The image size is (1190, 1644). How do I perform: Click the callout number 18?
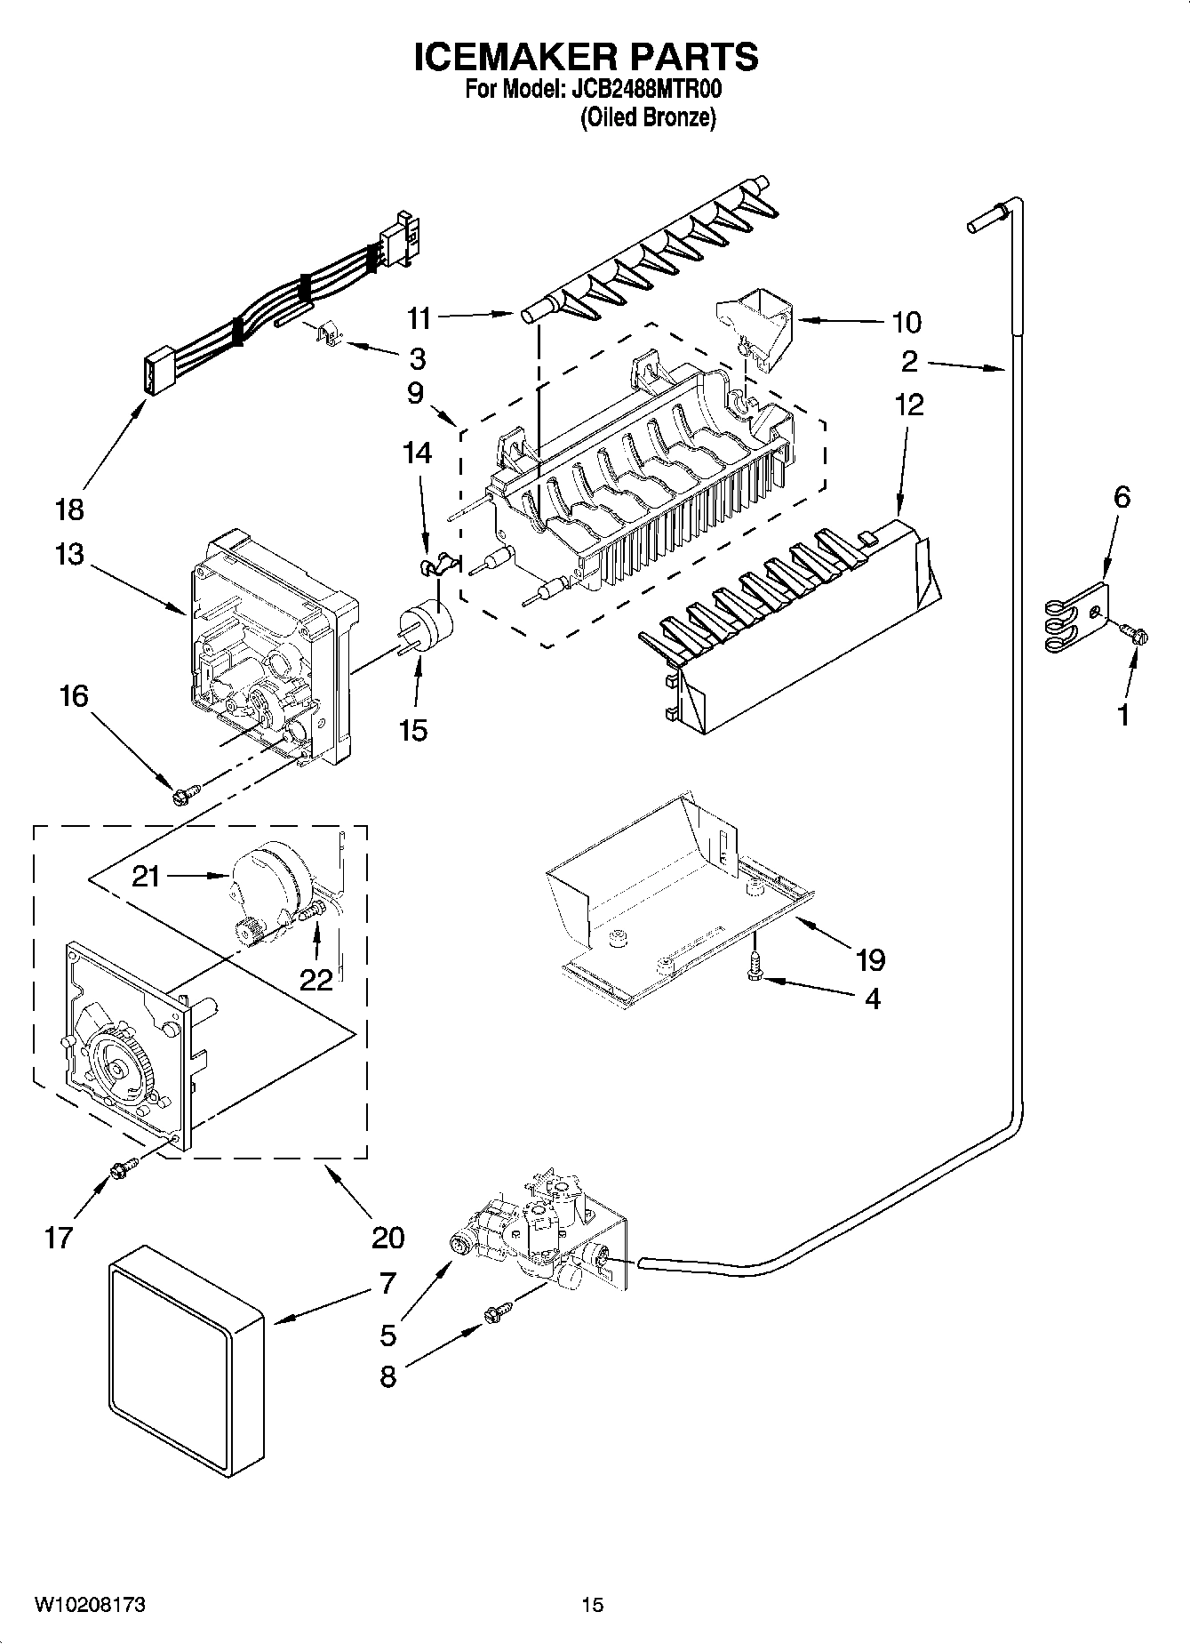pos(69,509)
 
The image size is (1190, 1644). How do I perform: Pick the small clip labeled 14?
pos(435,565)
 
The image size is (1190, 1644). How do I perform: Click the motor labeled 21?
pos(271,880)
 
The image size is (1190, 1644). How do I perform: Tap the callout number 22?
pos(315,980)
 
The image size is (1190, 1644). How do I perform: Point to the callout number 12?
pos(909,405)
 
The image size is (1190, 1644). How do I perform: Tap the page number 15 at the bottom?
pos(592,1604)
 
